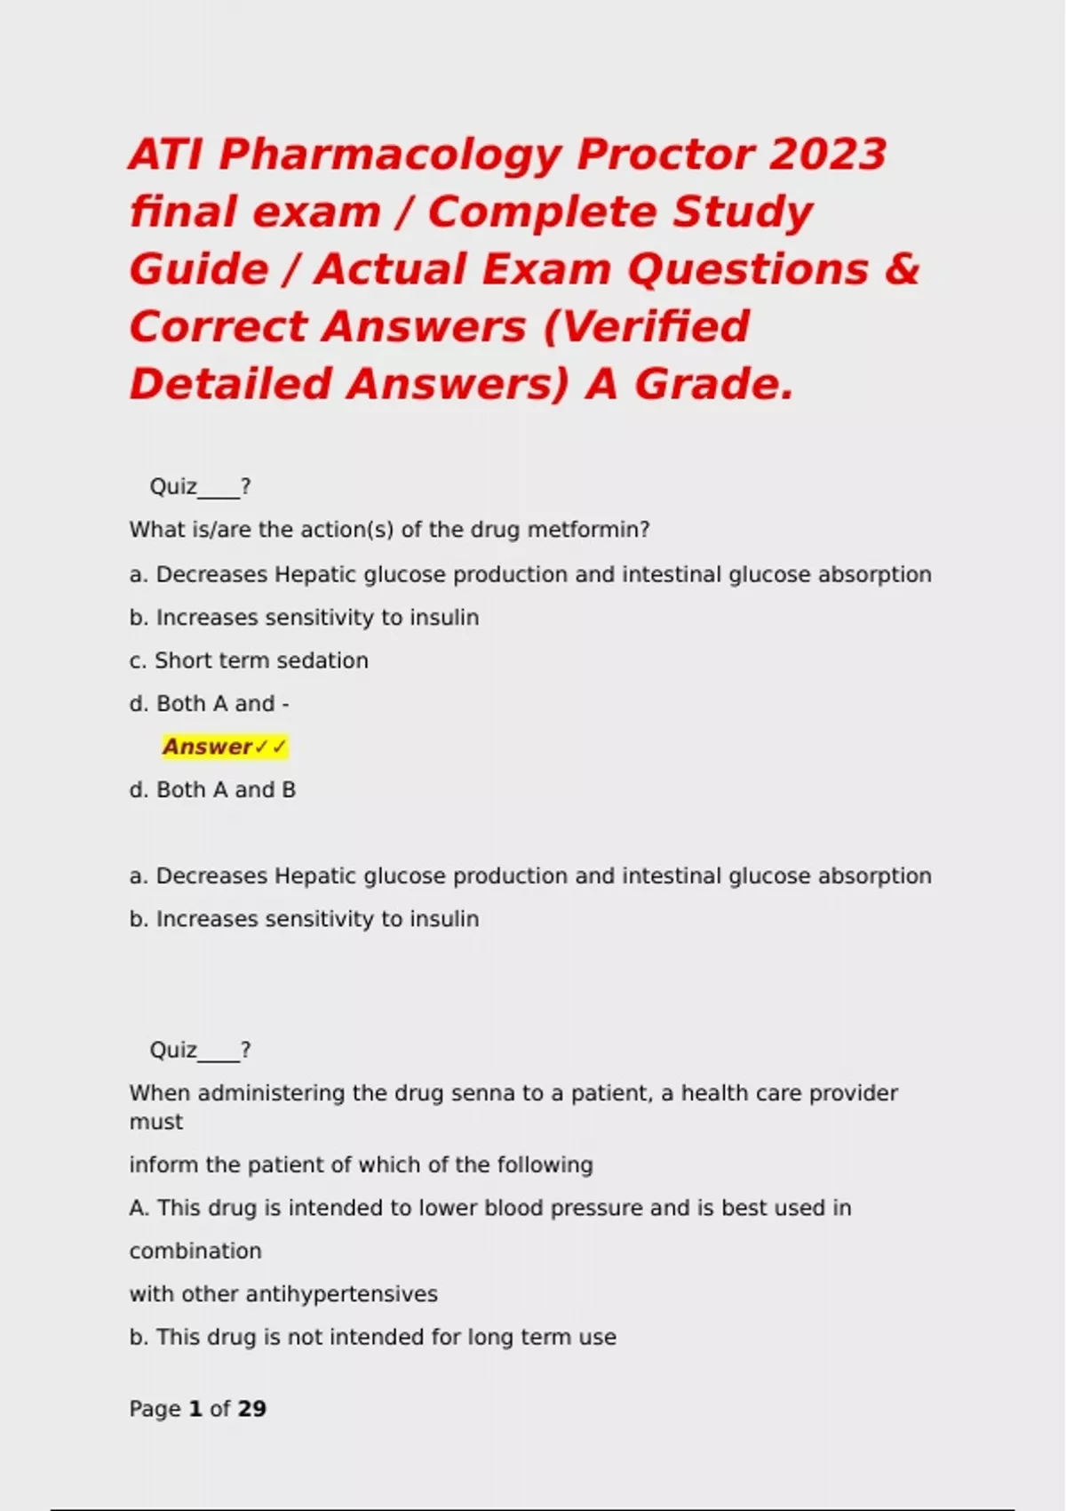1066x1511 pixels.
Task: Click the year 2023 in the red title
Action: [x=827, y=155]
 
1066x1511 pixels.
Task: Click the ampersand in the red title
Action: [x=903, y=269]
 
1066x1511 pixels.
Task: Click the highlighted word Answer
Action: [x=208, y=747]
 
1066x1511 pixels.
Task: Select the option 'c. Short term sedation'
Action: [x=249, y=661]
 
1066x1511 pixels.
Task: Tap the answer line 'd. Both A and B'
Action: [x=212, y=790]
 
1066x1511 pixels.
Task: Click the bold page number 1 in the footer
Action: [x=195, y=1409]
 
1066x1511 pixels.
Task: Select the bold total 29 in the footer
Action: [x=252, y=1409]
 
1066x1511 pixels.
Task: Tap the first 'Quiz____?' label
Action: [x=200, y=487]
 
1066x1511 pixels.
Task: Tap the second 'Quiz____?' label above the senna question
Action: [x=200, y=1051]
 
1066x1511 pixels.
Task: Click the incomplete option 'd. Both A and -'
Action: [x=209, y=704]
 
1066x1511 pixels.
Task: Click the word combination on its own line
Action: [x=195, y=1251]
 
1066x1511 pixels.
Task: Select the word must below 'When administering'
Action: [x=156, y=1122]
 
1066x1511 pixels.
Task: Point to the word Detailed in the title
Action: [x=230, y=385]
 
